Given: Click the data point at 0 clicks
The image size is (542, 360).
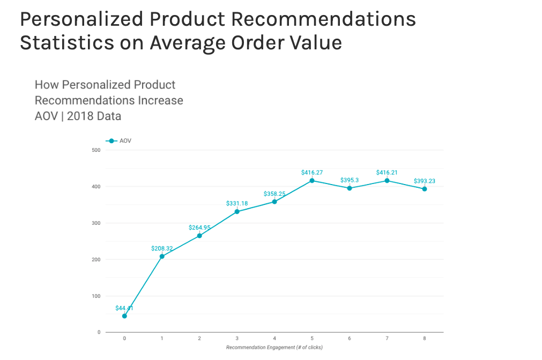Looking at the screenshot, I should point(124,316).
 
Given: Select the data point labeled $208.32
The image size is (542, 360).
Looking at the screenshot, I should point(162,256).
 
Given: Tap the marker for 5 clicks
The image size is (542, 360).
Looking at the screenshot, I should point(312,180).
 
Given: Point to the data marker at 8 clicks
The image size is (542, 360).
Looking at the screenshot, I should point(425,189).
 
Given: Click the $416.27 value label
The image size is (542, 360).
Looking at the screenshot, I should point(312,173).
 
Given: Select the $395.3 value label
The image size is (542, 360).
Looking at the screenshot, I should point(350,180).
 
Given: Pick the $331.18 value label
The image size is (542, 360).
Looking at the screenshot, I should point(237,203).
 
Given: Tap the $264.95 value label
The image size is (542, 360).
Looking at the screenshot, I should point(199,227).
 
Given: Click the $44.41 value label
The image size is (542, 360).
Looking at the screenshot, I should point(124,308).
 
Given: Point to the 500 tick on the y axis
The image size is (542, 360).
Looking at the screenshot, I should point(96,150).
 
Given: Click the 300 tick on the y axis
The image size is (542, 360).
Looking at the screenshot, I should point(96,223).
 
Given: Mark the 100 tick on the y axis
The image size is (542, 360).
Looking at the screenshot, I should point(96,296).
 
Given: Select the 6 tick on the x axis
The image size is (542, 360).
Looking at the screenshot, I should point(350,339).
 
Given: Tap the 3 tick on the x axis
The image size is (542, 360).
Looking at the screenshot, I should point(237,339).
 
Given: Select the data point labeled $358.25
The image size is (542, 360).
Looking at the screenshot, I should point(274,202).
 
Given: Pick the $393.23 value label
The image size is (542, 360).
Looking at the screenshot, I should point(425,181).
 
